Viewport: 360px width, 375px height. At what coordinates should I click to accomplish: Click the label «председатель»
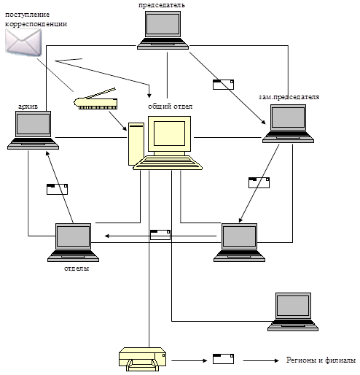(162, 5)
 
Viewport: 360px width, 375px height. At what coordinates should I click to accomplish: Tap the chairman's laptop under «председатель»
(163, 31)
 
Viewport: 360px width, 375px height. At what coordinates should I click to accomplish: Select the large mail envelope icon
(23, 42)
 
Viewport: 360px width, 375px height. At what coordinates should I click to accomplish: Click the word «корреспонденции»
(36, 24)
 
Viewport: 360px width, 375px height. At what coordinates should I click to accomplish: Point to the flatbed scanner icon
(96, 99)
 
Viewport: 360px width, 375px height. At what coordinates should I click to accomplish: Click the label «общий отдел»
(170, 107)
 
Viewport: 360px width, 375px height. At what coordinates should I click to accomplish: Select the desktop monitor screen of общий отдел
(169, 134)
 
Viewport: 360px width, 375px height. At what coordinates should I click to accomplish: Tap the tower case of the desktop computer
(136, 144)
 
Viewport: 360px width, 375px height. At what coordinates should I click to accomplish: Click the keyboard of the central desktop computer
(168, 163)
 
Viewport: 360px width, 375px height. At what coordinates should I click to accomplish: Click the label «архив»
(28, 107)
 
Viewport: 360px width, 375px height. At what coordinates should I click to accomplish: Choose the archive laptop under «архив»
(33, 130)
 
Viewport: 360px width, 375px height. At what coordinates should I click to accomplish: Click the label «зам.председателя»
(289, 97)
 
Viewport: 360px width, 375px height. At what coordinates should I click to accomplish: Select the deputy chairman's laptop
(288, 124)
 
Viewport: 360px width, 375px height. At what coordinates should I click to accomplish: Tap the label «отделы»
(77, 268)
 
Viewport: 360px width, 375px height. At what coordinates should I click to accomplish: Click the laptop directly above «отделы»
(73, 242)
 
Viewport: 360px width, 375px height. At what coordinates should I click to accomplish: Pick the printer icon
(143, 359)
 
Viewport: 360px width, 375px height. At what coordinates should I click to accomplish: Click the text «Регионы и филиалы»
(321, 360)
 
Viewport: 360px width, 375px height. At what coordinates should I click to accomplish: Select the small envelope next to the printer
(223, 359)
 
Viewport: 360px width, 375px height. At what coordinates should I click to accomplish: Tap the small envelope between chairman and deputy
(223, 85)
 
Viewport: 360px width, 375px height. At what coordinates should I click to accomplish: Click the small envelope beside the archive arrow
(57, 189)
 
